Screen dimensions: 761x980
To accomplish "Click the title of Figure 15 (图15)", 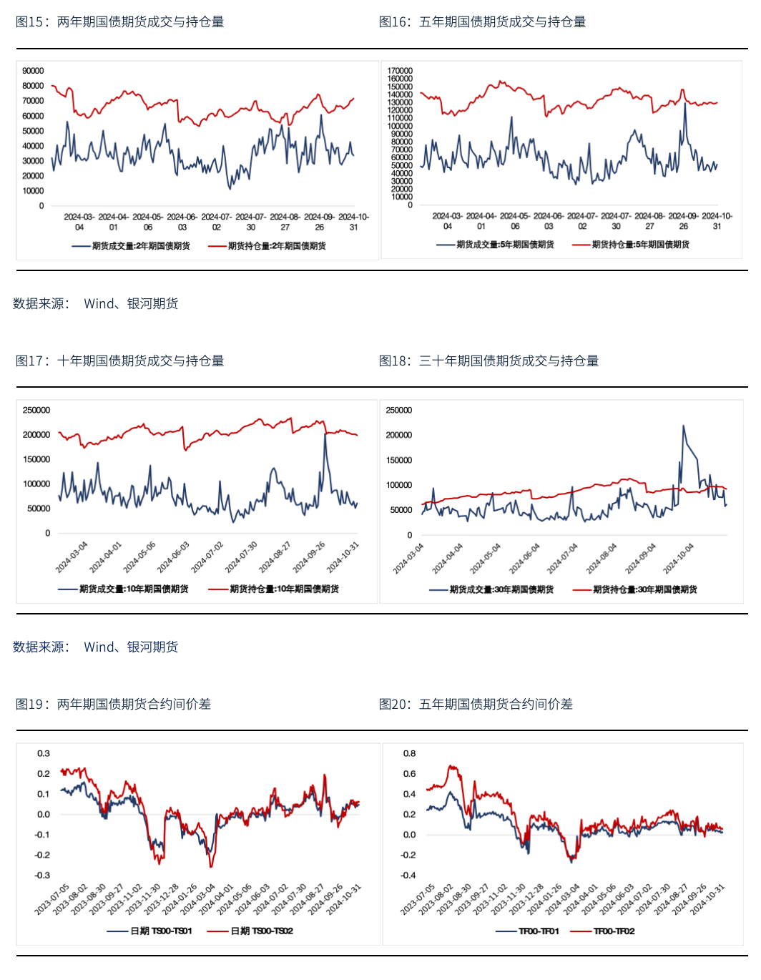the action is coord(120,21).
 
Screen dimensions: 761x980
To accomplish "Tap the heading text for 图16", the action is coord(482,21).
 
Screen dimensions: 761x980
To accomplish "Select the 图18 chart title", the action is coord(488,361).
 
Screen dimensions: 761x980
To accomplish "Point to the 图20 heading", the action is coord(476,704).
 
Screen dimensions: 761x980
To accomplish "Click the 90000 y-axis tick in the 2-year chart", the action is coord(33,71).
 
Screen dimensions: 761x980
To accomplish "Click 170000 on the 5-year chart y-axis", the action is coord(400,71).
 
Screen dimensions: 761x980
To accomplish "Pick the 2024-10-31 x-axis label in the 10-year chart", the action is coord(342,558).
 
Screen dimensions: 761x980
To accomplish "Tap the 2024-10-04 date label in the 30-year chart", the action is coord(678,559).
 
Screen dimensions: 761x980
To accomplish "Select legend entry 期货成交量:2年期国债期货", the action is coord(131,246).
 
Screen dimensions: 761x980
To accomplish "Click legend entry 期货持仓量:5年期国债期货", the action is coord(631,245).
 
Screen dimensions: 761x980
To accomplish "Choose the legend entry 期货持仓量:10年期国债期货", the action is coord(273,589).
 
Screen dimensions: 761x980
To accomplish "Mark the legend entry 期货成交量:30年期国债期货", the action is coord(491,589).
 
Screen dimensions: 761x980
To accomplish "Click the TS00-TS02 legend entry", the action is coord(250,931).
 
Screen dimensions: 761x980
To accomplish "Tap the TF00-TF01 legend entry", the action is coord(527,931).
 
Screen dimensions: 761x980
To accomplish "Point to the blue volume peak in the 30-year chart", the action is coord(684,426).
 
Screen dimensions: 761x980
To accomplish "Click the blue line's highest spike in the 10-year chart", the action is coord(325,434).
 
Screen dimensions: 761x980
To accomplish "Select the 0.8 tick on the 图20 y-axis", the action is coord(409,753).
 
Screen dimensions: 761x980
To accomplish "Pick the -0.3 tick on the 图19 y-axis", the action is coord(42,875).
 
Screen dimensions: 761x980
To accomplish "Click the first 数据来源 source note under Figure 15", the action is coord(96,303).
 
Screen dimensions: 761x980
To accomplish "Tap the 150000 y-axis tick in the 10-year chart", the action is coord(36,459).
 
